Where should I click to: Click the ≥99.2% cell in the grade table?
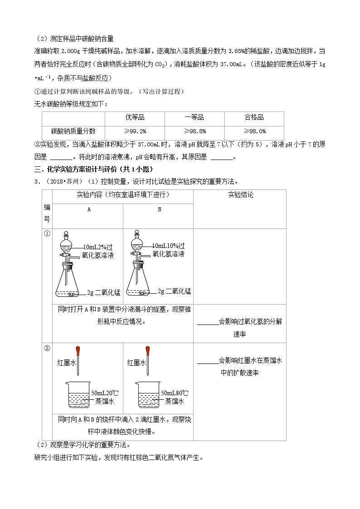[x=135, y=131]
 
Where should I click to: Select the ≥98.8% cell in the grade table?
[x=195, y=131]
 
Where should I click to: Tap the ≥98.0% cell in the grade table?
[x=254, y=131]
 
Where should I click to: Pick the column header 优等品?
[x=135, y=117]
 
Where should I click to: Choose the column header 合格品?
[x=254, y=117]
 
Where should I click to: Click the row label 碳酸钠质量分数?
[x=73, y=131]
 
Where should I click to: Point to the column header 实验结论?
[x=240, y=195]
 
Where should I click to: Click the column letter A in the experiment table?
[x=89, y=209]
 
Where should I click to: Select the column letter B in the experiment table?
[x=159, y=209]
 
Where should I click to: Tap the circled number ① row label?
[x=47, y=234]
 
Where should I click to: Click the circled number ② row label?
[x=47, y=349]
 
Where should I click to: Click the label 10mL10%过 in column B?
[x=169, y=245]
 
